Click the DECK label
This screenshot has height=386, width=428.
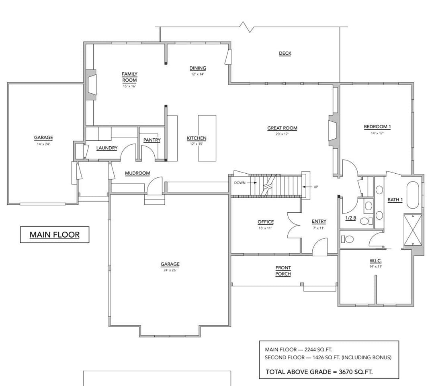285,53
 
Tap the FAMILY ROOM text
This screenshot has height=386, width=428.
129,77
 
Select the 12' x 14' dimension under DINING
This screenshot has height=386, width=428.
197,74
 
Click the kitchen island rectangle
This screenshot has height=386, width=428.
207,138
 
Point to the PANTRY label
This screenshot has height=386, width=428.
152,140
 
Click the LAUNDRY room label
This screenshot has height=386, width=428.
107,148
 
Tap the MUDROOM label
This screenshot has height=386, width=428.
137,173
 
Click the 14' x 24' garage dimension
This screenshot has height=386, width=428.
43,144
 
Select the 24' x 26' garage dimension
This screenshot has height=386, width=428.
170,270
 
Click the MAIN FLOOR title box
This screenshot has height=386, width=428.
55,235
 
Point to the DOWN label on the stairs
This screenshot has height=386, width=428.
240,183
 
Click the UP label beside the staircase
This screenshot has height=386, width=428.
315,187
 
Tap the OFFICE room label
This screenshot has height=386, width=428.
266,222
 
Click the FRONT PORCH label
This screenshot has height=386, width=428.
283,271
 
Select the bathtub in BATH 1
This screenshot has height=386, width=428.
413,195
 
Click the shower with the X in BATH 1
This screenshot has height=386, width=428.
413,230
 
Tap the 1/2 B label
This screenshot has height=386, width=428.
350,218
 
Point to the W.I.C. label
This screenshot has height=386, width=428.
375,261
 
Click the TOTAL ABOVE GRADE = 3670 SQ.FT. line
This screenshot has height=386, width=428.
319,372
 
